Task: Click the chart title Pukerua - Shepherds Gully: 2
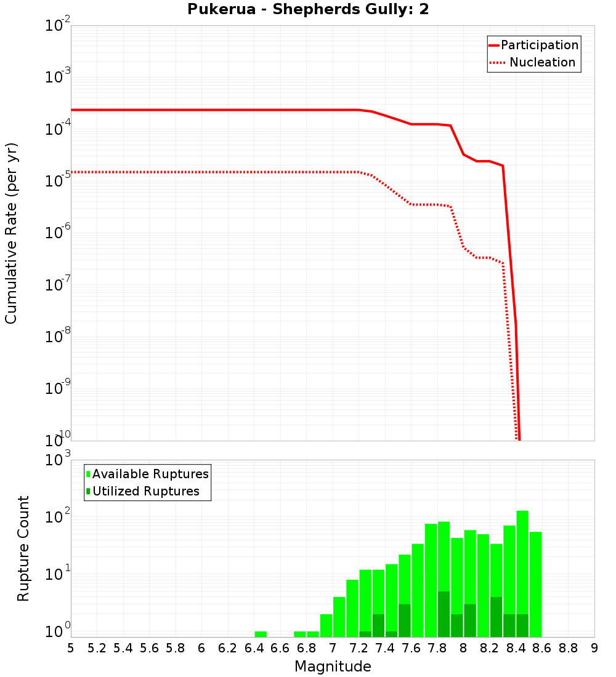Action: (308, 10)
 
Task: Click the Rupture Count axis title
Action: (23, 548)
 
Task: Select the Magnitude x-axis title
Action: (333, 666)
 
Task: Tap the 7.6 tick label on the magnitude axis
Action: (411, 647)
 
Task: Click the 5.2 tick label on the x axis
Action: (97, 647)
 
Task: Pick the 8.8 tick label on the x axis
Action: (568, 647)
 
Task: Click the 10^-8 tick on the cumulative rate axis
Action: (57, 337)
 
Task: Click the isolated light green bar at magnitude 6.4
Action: (261, 634)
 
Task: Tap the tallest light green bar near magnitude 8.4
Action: (522, 572)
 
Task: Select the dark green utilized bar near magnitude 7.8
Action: (444, 614)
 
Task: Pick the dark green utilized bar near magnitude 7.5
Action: (404, 620)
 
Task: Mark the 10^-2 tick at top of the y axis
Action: (57, 26)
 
